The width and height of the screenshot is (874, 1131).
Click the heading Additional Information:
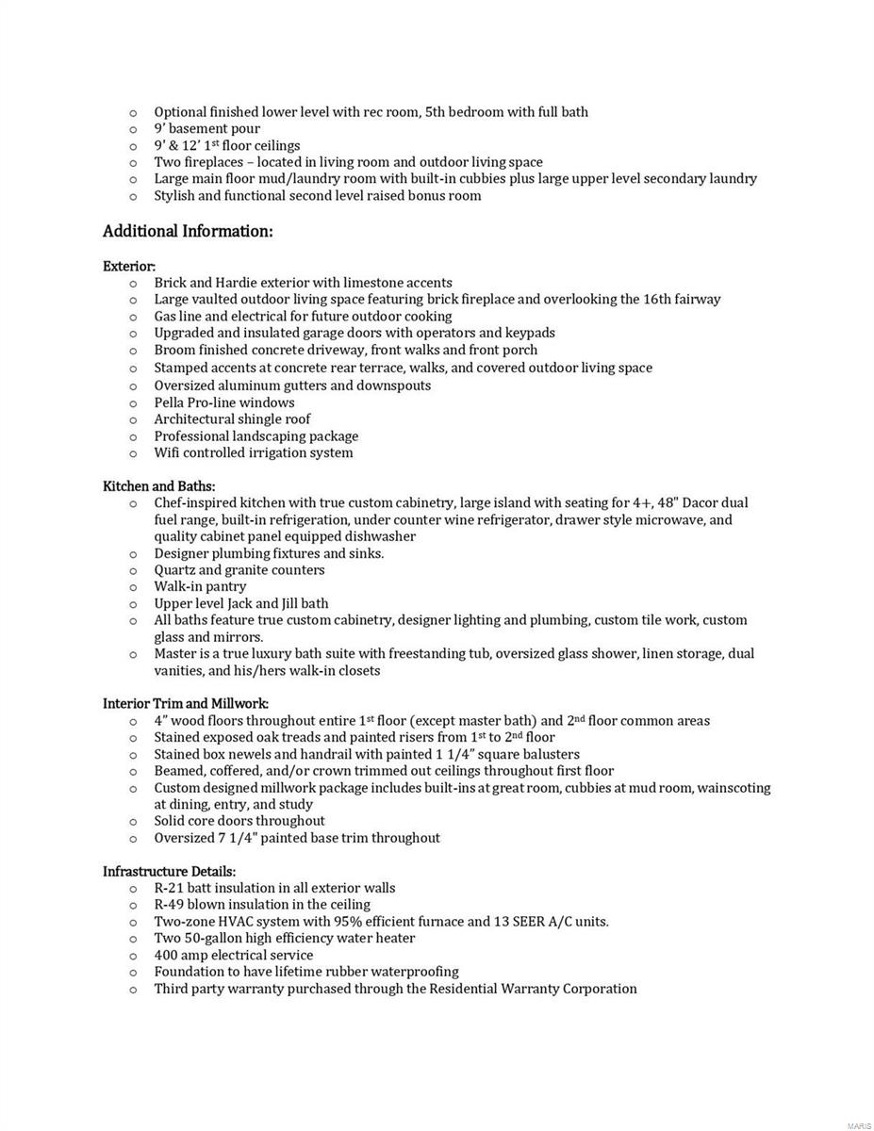[188, 232]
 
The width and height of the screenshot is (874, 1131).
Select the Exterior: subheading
[129, 267]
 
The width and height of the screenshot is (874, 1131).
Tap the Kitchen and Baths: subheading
[159, 486]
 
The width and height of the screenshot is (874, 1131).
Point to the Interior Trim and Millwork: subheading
[186, 703]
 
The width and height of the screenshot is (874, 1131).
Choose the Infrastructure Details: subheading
[170, 871]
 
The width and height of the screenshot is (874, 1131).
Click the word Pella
[169, 402]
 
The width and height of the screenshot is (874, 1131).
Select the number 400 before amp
[166, 956]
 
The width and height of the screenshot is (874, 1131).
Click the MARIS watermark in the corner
[859, 1125]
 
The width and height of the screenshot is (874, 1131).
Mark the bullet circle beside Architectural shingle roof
[133, 420]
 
